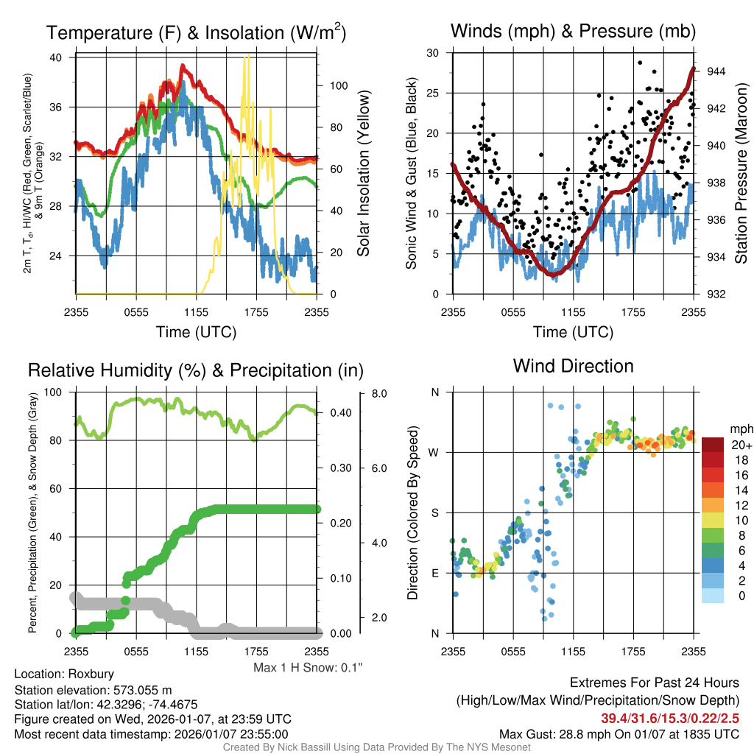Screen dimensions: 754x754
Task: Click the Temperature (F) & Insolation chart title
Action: pos(196,33)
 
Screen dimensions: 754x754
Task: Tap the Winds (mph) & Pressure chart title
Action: pos(573,32)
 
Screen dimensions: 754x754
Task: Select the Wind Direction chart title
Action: pos(573,366)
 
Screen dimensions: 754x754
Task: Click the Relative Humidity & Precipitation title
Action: pos(195,370)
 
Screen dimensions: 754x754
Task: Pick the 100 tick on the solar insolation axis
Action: pos(338,85)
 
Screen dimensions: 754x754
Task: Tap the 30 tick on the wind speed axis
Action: pos(434,52)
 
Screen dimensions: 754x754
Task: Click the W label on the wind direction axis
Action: pos(435,452)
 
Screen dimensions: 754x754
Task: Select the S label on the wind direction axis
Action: pos(435,512)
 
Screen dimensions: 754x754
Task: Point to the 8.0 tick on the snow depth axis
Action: pos(380,394)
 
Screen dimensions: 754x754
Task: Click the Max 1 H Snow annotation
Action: pos(309,667)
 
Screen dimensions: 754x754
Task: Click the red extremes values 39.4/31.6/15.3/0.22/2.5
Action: pos(670,718)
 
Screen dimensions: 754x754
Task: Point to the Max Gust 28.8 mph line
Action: pos(619,733)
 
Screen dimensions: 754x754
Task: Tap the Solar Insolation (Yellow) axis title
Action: pos(363,174)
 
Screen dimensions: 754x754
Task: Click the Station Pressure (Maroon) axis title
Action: pos(741,174)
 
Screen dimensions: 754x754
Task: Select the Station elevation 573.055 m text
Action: pos(93,690)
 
